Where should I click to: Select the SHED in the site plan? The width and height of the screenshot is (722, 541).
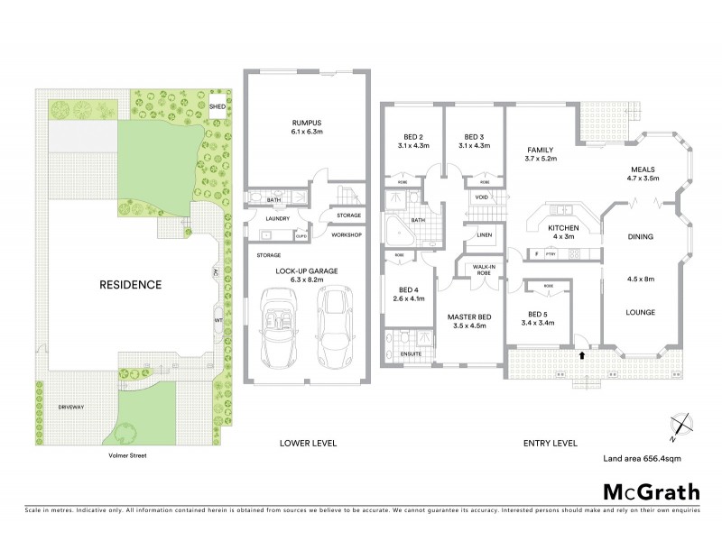coord(218,106)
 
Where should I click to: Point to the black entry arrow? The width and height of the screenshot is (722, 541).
coord(580,356)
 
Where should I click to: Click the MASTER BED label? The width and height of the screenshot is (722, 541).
coord(468,316)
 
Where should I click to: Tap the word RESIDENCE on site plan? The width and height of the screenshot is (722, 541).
coord(132,285)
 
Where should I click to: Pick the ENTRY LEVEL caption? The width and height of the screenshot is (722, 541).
coord(551,444)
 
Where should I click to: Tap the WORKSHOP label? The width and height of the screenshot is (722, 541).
coord(346,236)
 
